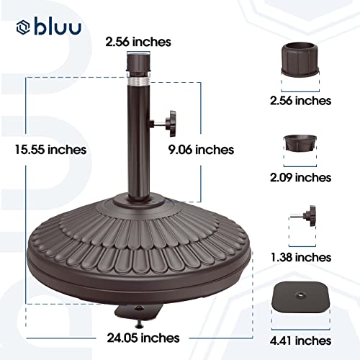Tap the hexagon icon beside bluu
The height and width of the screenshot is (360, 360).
coord(23,27)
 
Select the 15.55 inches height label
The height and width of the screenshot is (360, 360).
coord(50,150)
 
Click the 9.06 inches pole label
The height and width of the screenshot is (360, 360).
coord(201,150)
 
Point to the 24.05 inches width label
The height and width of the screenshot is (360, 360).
coord(143,338)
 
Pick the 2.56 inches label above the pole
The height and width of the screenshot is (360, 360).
coord(138,42)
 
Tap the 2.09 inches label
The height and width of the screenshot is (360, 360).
coord(301,178)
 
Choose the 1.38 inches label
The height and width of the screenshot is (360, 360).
coord(301,258)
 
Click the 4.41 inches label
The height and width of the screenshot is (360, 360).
coord(301,341)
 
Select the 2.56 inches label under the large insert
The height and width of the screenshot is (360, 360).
coord(301,101)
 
